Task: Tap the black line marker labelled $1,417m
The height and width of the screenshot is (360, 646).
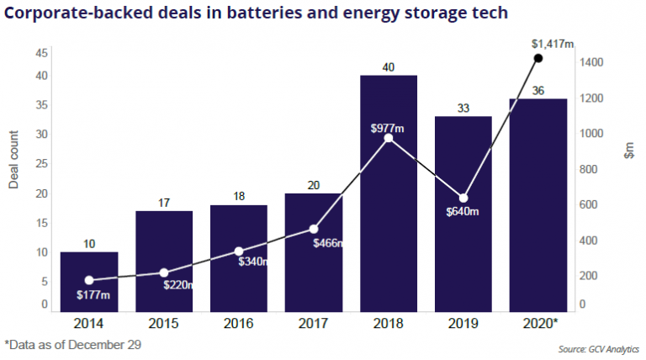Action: (x=538, y=58)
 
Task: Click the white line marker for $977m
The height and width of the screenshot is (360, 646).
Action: (x=389, y=138)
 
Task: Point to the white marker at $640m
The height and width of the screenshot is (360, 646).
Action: (x=463, y=198)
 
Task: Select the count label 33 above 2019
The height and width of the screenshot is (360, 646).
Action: (x=463, y=108)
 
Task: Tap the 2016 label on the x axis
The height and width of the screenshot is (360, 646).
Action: (x=239, y=322)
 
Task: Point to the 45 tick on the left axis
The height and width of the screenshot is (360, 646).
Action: (x=41, y=53)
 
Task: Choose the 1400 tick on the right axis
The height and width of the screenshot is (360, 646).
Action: (x=594, y=62)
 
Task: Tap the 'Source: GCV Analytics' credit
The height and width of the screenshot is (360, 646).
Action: (x=602, y=347)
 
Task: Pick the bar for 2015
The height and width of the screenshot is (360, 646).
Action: (x=164, y=261)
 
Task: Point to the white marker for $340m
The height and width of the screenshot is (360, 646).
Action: (x=239, y=251)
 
